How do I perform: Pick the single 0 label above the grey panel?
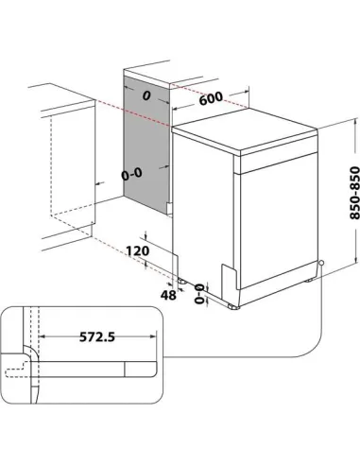click(x=146, y=95)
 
